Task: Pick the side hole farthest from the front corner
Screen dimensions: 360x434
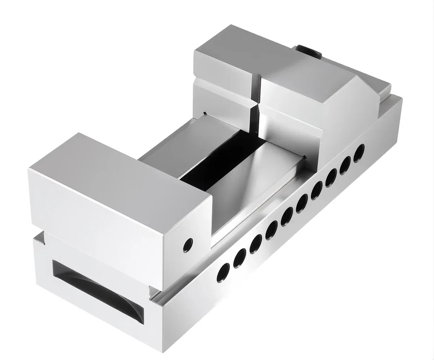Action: point(359,153)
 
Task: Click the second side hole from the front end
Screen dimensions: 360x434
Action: point(239,258)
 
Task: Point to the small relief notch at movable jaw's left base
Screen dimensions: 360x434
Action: point(205,114)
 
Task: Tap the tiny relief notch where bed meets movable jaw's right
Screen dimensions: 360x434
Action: point(305,156)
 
